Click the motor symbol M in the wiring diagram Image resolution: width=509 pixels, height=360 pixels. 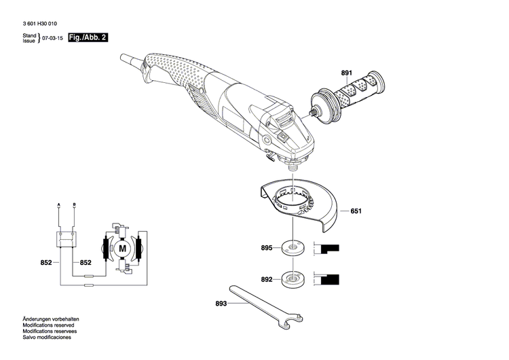coord(122,249)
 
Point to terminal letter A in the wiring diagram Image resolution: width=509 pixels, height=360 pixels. coord(59,204)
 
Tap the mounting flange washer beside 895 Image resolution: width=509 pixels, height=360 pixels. coord(294,249)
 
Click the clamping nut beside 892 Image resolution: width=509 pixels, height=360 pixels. coord(294,278)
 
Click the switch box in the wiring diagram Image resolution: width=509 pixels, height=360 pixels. coord(66,238)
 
